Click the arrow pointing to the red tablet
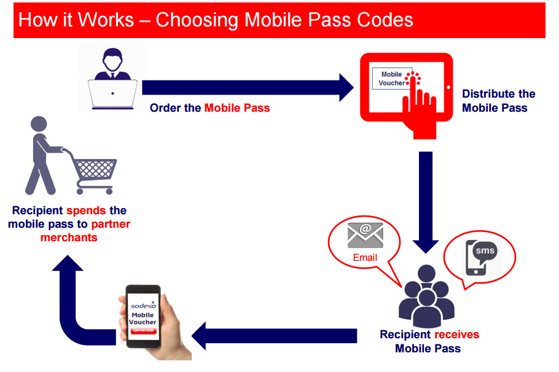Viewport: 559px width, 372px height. [246, 87]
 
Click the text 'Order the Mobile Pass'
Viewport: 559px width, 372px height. [210, 108]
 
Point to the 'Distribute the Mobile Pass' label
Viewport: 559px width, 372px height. [498, 101]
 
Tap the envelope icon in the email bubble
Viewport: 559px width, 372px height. [365, 234]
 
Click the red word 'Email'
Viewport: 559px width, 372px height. [365, 257]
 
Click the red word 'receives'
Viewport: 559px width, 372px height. [456, 335]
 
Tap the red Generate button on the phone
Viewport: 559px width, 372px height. [143, 331]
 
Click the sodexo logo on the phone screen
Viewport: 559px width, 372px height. [143, 306]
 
